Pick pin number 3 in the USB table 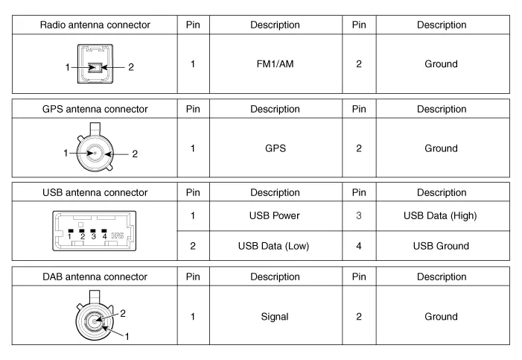click(358, 216)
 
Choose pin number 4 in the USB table click(358, 246)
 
